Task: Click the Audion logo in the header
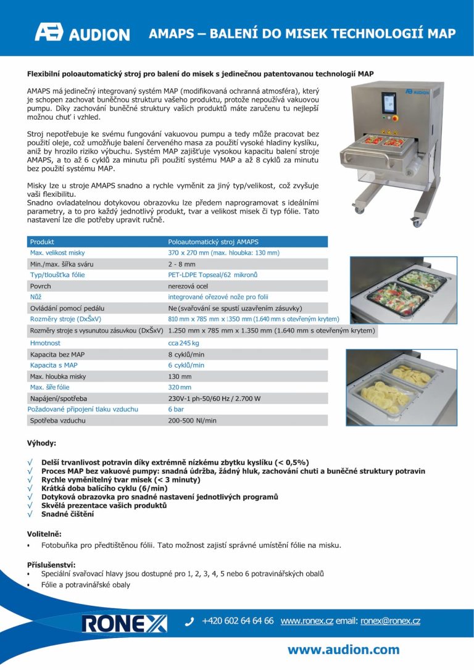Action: coord(82,33)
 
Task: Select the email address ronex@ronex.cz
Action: coord(390,621)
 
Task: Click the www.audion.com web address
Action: coord(343,650)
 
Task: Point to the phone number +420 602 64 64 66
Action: coord(238,621)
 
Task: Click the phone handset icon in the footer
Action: coord(189,622)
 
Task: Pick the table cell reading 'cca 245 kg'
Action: coord(184,342)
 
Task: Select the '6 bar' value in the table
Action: coord(177,409)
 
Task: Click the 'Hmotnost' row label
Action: coord(45,342)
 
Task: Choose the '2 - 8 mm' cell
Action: coord(182,264)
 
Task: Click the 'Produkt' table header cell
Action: coord(42,242)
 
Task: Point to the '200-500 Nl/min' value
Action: coord(193,420)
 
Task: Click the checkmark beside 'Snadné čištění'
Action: coord(30,514)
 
